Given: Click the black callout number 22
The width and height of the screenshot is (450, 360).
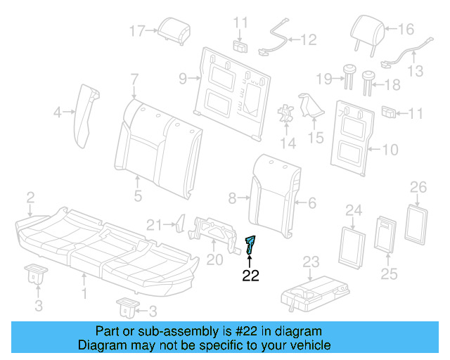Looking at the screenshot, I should (x=251, y=276).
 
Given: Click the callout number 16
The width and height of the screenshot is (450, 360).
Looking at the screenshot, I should (x=407, y=30).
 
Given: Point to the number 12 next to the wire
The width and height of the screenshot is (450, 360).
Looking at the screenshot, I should (x=309, y=40).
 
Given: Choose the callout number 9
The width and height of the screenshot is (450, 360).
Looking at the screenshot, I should (x=181, y=79).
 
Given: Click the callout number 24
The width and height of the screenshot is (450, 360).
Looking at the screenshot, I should (x=353, y=210).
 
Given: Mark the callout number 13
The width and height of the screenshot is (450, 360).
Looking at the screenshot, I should (x=416, y=70).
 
